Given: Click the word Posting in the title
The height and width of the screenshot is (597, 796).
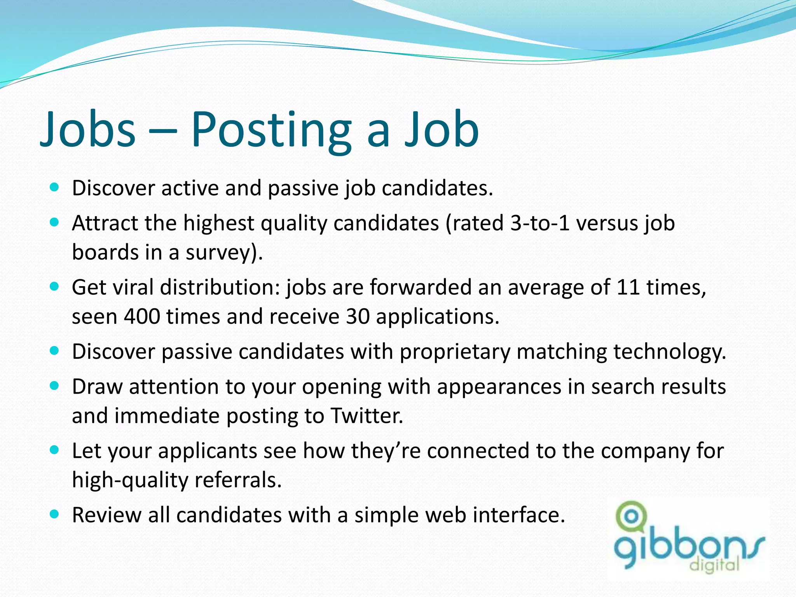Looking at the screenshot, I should click(x=271, y=130).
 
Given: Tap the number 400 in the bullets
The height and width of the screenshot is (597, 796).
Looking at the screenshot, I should click(x=142, y=316).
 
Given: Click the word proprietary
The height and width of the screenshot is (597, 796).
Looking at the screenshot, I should click(x=455, y=352).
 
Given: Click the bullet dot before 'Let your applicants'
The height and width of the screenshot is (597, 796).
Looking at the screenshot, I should click(x=55, y=450).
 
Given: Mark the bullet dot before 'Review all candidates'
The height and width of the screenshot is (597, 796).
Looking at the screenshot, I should click(x=55, y=515).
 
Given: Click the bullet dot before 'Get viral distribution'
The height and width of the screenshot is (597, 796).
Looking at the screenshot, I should click(x=55, y=287).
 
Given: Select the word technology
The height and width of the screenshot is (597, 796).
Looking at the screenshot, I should click(x=669, y=352).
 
